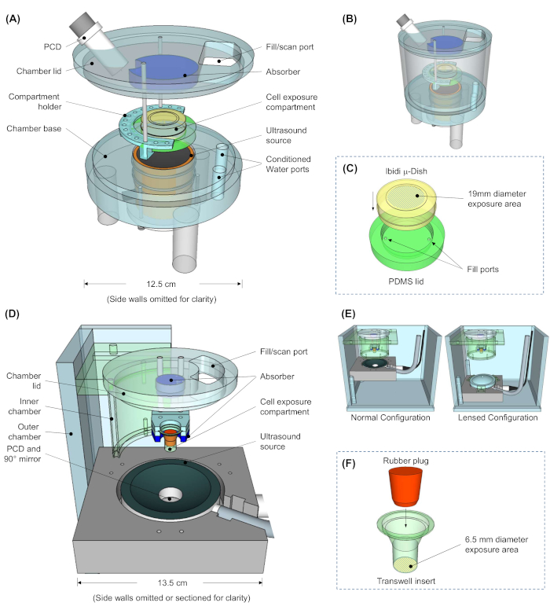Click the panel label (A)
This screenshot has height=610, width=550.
click(x=13, y=19)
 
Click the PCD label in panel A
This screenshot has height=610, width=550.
click(x=53, y=46)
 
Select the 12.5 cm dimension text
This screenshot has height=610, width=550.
click(x=161, y=284)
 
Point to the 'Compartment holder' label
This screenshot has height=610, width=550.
click(x=35, y=101)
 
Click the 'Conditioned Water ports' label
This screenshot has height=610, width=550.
click(x=288, y=164)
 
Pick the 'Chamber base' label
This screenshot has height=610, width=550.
click(x=34, y=128)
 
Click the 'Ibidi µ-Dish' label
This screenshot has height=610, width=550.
click(x=406, y=171)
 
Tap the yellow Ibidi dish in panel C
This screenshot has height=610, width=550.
click(x=407, y=204)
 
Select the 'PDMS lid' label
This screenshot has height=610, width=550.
click(x=406, y=281)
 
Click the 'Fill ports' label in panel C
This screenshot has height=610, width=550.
click(x=482, y=269)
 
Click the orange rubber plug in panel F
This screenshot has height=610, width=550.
click(x=405, y=487)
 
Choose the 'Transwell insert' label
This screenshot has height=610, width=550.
click(x=406, y=581)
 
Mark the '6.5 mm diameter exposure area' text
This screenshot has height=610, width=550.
click(x=497, y=545)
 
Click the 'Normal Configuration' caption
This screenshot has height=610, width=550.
click(x=390, y=417)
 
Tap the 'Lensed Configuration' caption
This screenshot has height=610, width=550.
click(x=498, y=417)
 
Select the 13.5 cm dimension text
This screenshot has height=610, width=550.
click(x=172, y=582)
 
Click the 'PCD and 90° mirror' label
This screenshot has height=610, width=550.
click(x=23, y=454)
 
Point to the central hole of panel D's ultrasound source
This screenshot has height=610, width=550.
click(x=170, y=494)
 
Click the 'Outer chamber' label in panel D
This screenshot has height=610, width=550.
click(x=25, y=432)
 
